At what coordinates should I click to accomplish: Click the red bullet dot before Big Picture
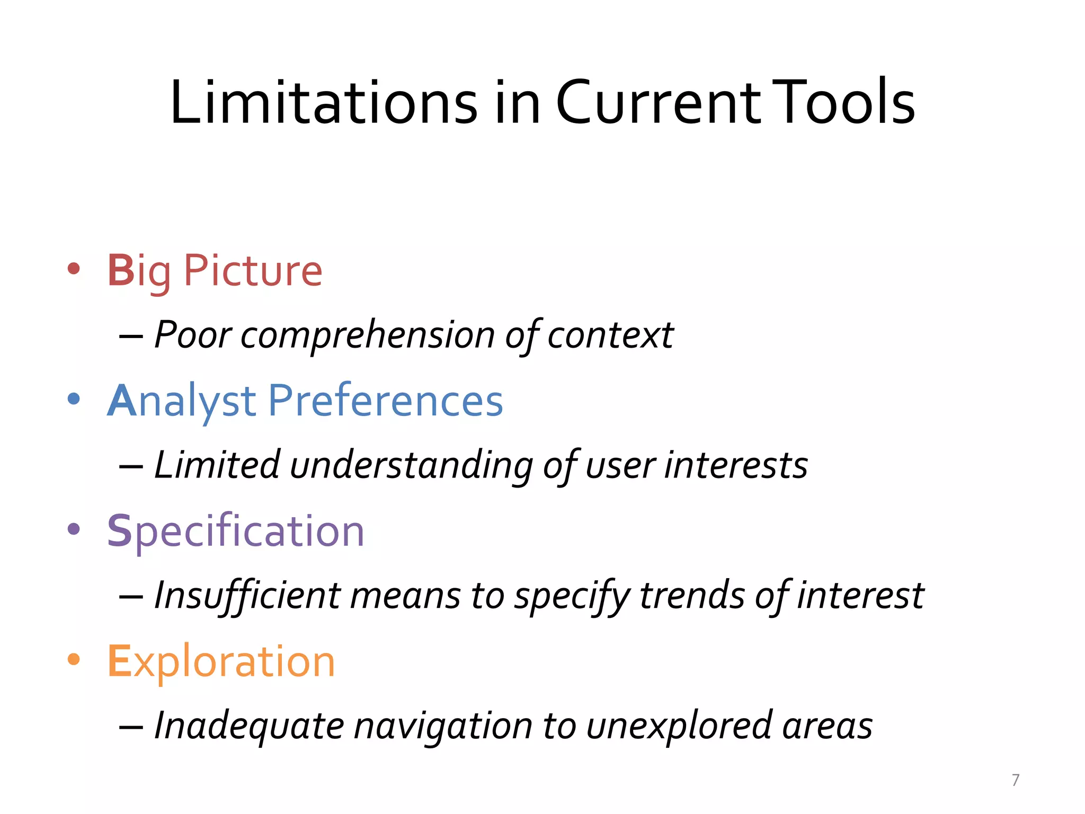[x=74, y=269]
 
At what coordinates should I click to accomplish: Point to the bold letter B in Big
[x=121, y=271]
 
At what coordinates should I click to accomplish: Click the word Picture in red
[x=253, y=271]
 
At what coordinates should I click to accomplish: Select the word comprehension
[x=368, y=336]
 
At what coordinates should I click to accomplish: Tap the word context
[x=610, y=336]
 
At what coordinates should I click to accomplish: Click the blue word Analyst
[x=182, y=401]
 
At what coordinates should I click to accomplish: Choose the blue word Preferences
[x=385, y=401]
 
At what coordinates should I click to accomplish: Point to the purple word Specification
[x=236, y=531]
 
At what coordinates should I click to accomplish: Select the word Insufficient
[x=247, y=596]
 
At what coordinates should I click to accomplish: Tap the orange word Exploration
[x=221, y=661]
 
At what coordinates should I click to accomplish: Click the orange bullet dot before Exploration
[x=74, y=659]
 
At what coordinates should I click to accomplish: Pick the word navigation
[x=443, y=726]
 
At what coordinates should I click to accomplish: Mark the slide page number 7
[x=1015, y=780]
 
